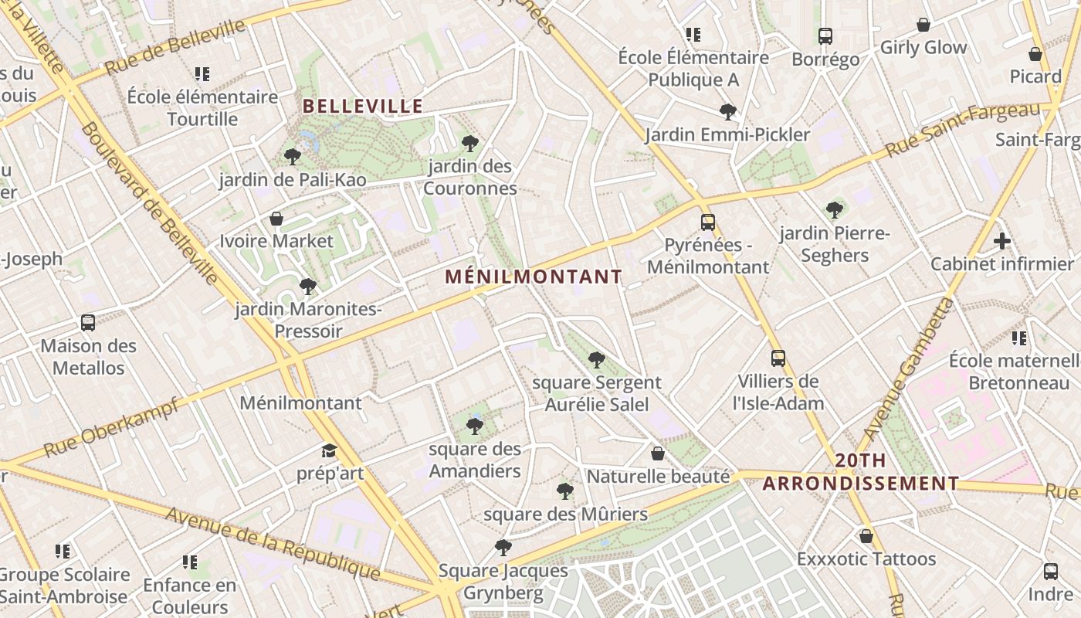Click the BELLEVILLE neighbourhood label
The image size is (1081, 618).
tap(363, 106)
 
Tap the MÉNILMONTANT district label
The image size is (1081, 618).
tap(534, 277)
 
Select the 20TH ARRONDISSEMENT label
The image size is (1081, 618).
tap(861, 472)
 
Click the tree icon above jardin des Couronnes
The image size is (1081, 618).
tap(469, 143)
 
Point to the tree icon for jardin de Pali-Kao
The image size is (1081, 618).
tap(293, 157)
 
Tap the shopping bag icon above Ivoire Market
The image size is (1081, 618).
tap(276, 219)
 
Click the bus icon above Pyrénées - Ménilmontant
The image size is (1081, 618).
tap(708, 222)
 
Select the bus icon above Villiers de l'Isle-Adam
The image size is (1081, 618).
tap(778, 358)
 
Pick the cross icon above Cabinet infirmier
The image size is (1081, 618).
tap(1002, 241)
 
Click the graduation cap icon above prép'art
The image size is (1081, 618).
tap(330, 450)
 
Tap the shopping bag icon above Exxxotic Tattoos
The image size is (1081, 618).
tap(866, 536)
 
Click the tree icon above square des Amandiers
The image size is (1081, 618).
tap(475, 426)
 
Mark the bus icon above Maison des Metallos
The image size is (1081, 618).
tap(88, 323)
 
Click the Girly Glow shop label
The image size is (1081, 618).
tap(923, 48)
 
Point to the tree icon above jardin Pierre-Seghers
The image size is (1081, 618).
tap(835, 209)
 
